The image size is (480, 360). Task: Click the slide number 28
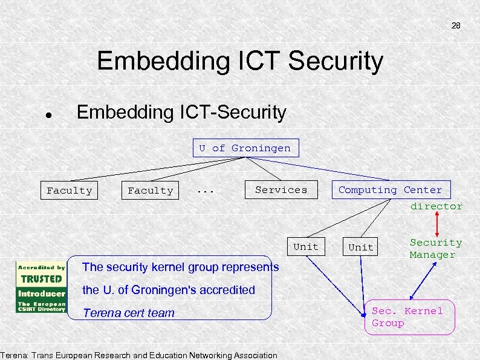pos(456,26)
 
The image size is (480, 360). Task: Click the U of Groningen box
pos(245,148)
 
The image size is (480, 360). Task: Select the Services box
pos(281,190)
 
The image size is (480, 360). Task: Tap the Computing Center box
pos(390,190)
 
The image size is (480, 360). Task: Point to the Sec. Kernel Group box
pos(409,317)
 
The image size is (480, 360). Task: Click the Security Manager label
pos(436,249)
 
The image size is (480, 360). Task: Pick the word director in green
pos(436,206)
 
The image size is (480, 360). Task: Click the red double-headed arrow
pos(436,224)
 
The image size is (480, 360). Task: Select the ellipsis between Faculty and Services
pos(206,190)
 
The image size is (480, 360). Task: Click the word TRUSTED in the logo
pos(41,280)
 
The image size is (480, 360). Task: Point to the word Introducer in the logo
pos(41,293)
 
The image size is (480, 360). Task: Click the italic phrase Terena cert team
pos(128,313)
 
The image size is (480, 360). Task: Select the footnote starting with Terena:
pos(139,355)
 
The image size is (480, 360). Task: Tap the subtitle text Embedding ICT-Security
pos(181,112)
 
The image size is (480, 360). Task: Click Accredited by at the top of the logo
pos(41,267)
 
